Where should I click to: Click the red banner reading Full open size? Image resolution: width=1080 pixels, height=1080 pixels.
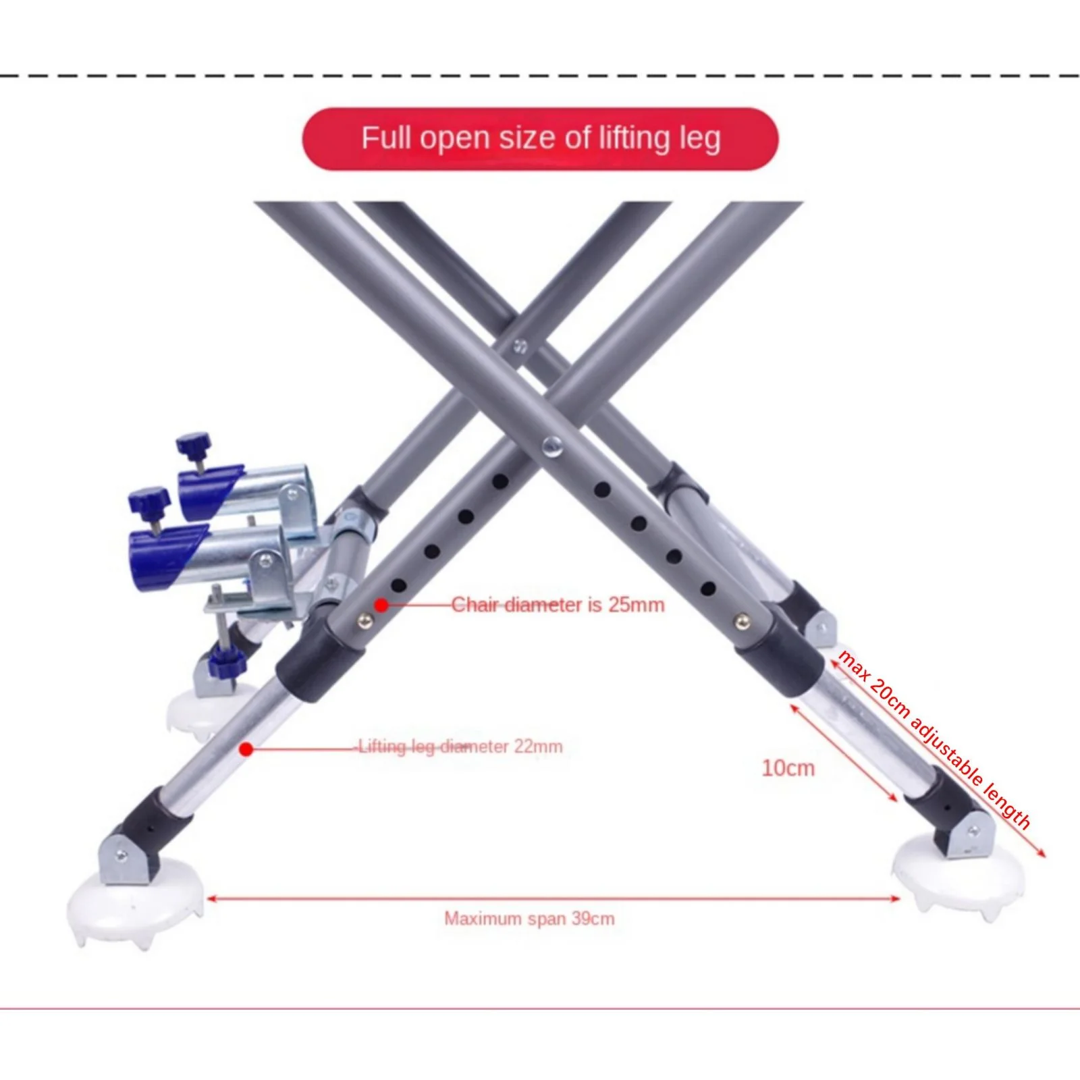coord(540,138)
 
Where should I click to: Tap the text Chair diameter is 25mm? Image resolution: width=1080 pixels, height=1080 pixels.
coord(558,604)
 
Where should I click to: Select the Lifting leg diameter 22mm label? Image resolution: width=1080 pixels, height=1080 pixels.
coord(460,747)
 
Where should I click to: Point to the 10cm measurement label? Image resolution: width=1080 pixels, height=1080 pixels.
coord(788,768)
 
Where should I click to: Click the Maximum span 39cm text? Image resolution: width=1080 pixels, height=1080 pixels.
coord(529,919)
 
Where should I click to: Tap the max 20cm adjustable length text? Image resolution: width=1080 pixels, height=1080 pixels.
coord(934,740)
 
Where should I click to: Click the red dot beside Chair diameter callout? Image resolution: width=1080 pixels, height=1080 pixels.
coord(381,605)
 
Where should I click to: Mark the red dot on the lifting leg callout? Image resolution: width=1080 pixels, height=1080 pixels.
coord(247,749)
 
